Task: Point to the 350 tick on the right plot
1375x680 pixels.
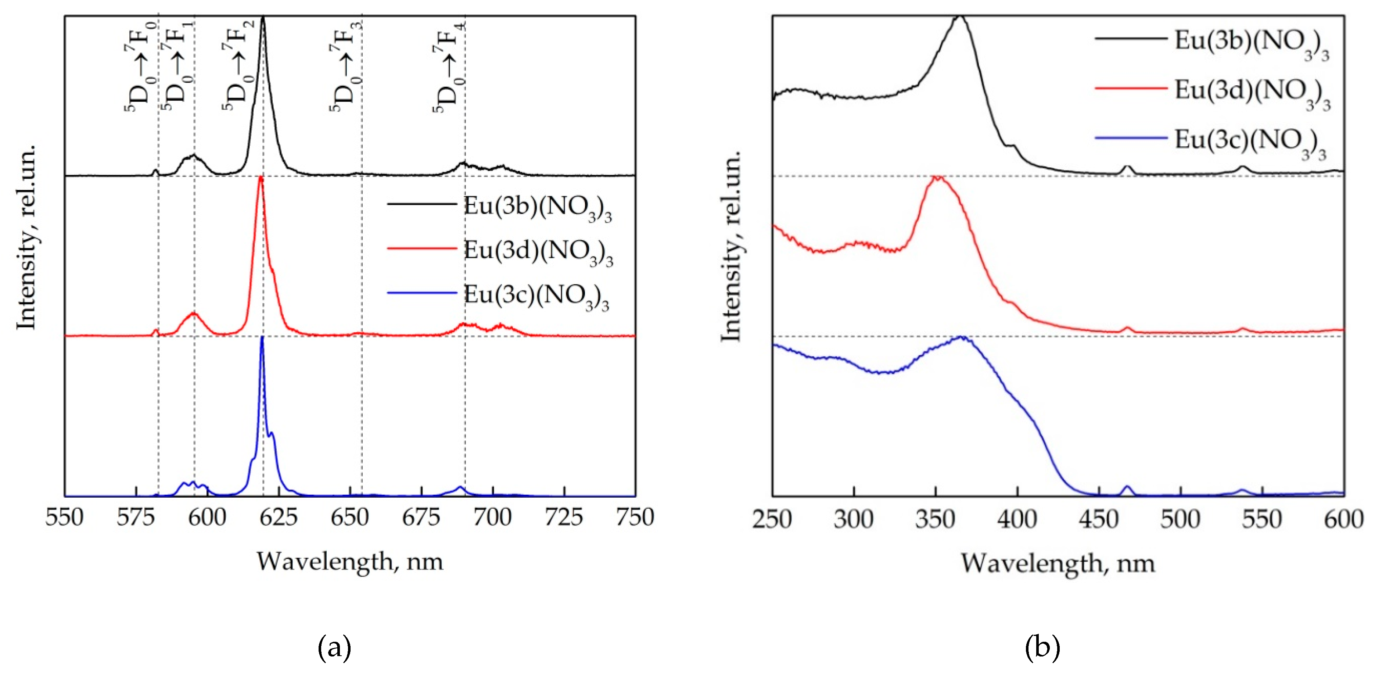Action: click(x=935, y=519)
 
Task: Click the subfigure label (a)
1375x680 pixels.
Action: click(x=335, y=647)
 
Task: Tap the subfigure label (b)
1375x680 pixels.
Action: click(x=1042, y=647)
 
